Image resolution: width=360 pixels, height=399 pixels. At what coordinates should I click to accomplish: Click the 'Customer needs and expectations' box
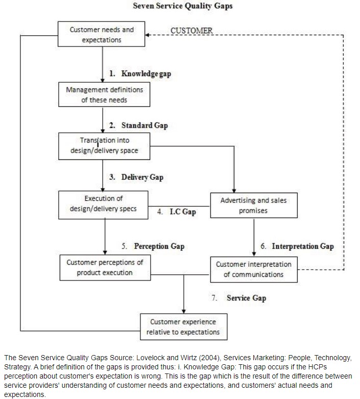[x=101, y=34]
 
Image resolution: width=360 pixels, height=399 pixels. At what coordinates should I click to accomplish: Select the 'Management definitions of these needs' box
[x=104, y=95]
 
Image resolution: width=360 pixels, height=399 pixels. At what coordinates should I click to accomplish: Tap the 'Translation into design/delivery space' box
[x=104, y=146]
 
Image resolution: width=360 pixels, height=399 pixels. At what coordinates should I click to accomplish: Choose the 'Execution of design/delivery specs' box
[x=103, y=205]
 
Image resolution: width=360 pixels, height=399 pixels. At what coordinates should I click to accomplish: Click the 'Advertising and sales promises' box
[x=254, y=205]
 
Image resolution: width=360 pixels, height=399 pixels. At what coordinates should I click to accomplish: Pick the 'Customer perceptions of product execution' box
[x=105, y=268]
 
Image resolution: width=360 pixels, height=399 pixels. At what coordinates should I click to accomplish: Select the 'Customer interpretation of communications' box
[x=254, y=269]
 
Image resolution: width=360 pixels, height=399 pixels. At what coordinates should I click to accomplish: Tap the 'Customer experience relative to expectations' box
[x=183, y=327]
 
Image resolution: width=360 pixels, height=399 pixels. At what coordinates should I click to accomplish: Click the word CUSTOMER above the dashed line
[x=191, y=31]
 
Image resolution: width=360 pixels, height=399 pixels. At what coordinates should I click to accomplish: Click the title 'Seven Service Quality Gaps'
[x=183, y=6]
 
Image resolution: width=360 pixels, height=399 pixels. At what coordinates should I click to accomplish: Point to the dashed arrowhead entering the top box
[x=147, y=35]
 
